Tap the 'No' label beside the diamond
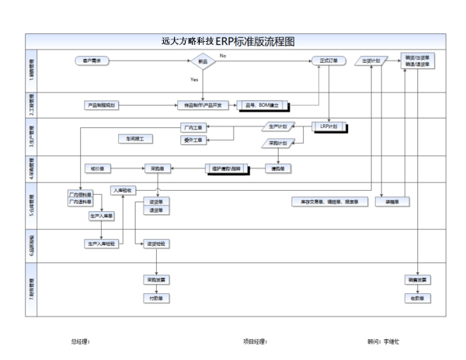pyautogui.click(x=223, y=56)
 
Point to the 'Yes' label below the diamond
pyautogui.click(x=194, y=79)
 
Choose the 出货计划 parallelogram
pyautogui.click(x=371, y=60)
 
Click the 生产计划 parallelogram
pyautogui.click(x=277, y=126)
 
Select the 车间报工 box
pyautogui.click(x=137, y=138)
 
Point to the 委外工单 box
pyautogui.click(x=193, y=140)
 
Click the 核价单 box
pyautogui.click(x=98, y=168)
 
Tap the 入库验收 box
pyautogui.click(x=124, y=190)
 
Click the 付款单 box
pyautogui.click(x=157, y=297)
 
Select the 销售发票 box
pyautogui.click(x=418, y=279)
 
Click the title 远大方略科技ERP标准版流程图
pyautogui.click(x=233, y=41)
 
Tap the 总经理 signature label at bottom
pyautogui.click(x=80, y=341)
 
